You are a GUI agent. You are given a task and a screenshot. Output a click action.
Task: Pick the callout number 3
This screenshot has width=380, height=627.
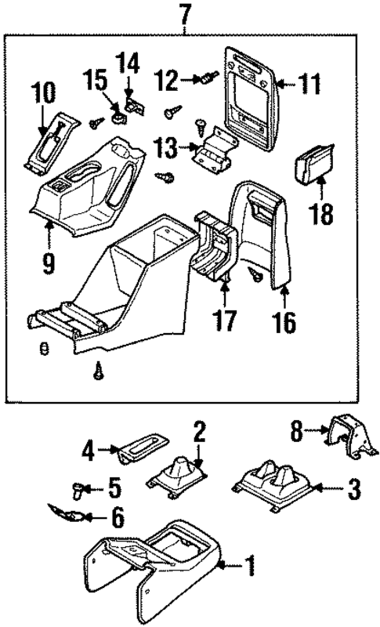(353, 491)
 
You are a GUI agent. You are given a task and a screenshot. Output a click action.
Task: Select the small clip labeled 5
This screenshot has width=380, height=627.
(77, 491)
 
